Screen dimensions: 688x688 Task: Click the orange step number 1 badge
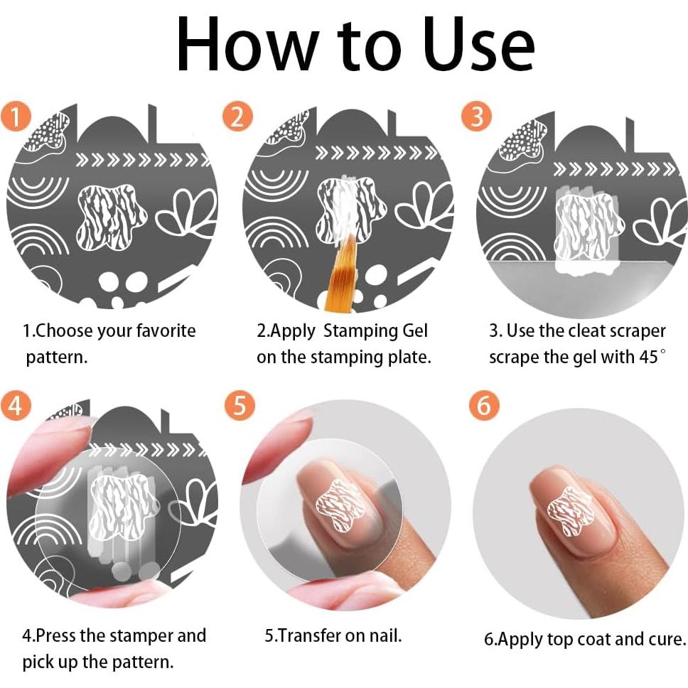coord(16,117)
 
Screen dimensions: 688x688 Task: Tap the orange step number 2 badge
coord(237,117)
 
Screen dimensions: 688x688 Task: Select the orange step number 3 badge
coord(476,117)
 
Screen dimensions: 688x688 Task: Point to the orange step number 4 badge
coord(16,404)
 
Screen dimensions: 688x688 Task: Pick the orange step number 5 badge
coord(240,404)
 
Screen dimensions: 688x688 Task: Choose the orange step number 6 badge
coord(484,404)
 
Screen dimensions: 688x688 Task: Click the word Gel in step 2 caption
coord(414,330)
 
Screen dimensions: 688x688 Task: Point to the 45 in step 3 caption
coord(648,358)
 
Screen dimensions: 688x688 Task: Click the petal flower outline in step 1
coord(186,214)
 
